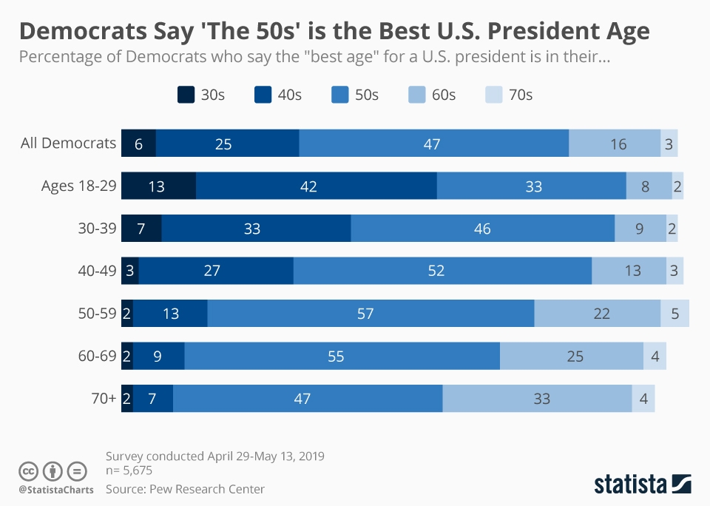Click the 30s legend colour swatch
186,95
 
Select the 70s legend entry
509,95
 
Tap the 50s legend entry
354,95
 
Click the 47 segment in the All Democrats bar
433,144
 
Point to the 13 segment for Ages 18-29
158,186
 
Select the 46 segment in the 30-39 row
482,229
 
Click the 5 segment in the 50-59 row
674,314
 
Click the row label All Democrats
68,144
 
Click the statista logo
642,484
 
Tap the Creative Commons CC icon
29,470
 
